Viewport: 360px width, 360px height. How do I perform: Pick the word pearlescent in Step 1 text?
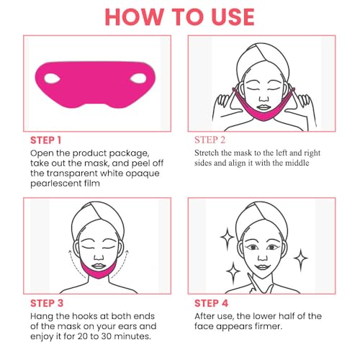(x=61, y=183)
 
